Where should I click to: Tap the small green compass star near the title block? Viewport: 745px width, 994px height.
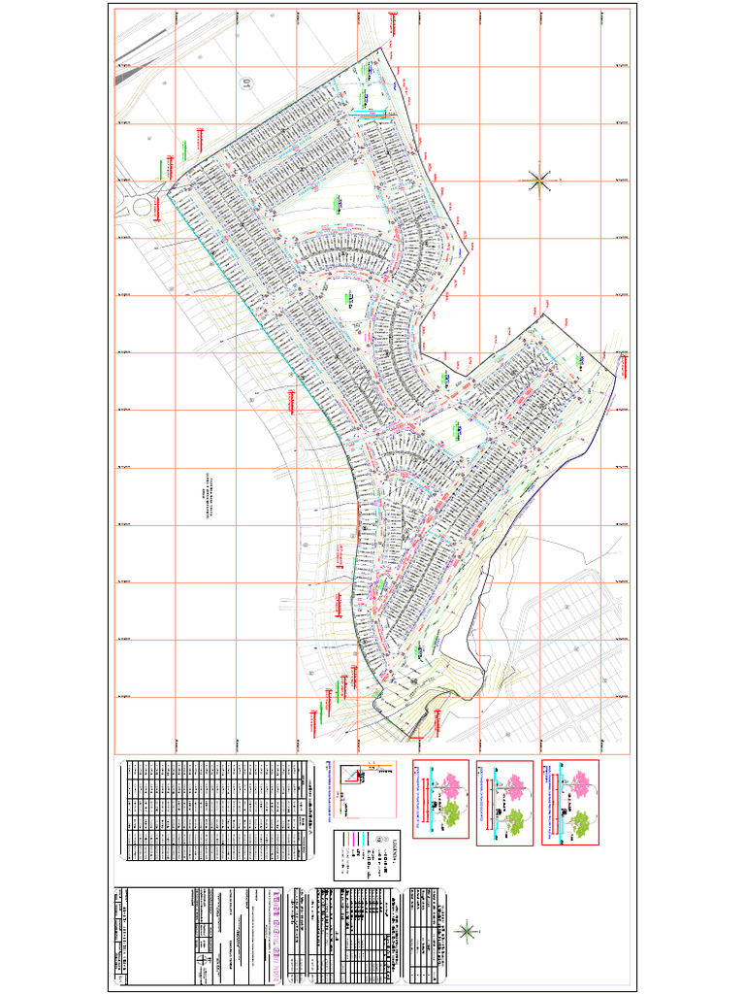tap(467, 932)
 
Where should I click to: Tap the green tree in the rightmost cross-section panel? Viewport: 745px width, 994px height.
tap(580, 824)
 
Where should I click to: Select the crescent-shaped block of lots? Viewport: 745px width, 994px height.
tap(349, 251)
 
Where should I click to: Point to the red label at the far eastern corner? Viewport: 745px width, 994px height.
tap(626, 366)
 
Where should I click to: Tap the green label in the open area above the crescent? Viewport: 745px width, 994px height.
tap(340, 203)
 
